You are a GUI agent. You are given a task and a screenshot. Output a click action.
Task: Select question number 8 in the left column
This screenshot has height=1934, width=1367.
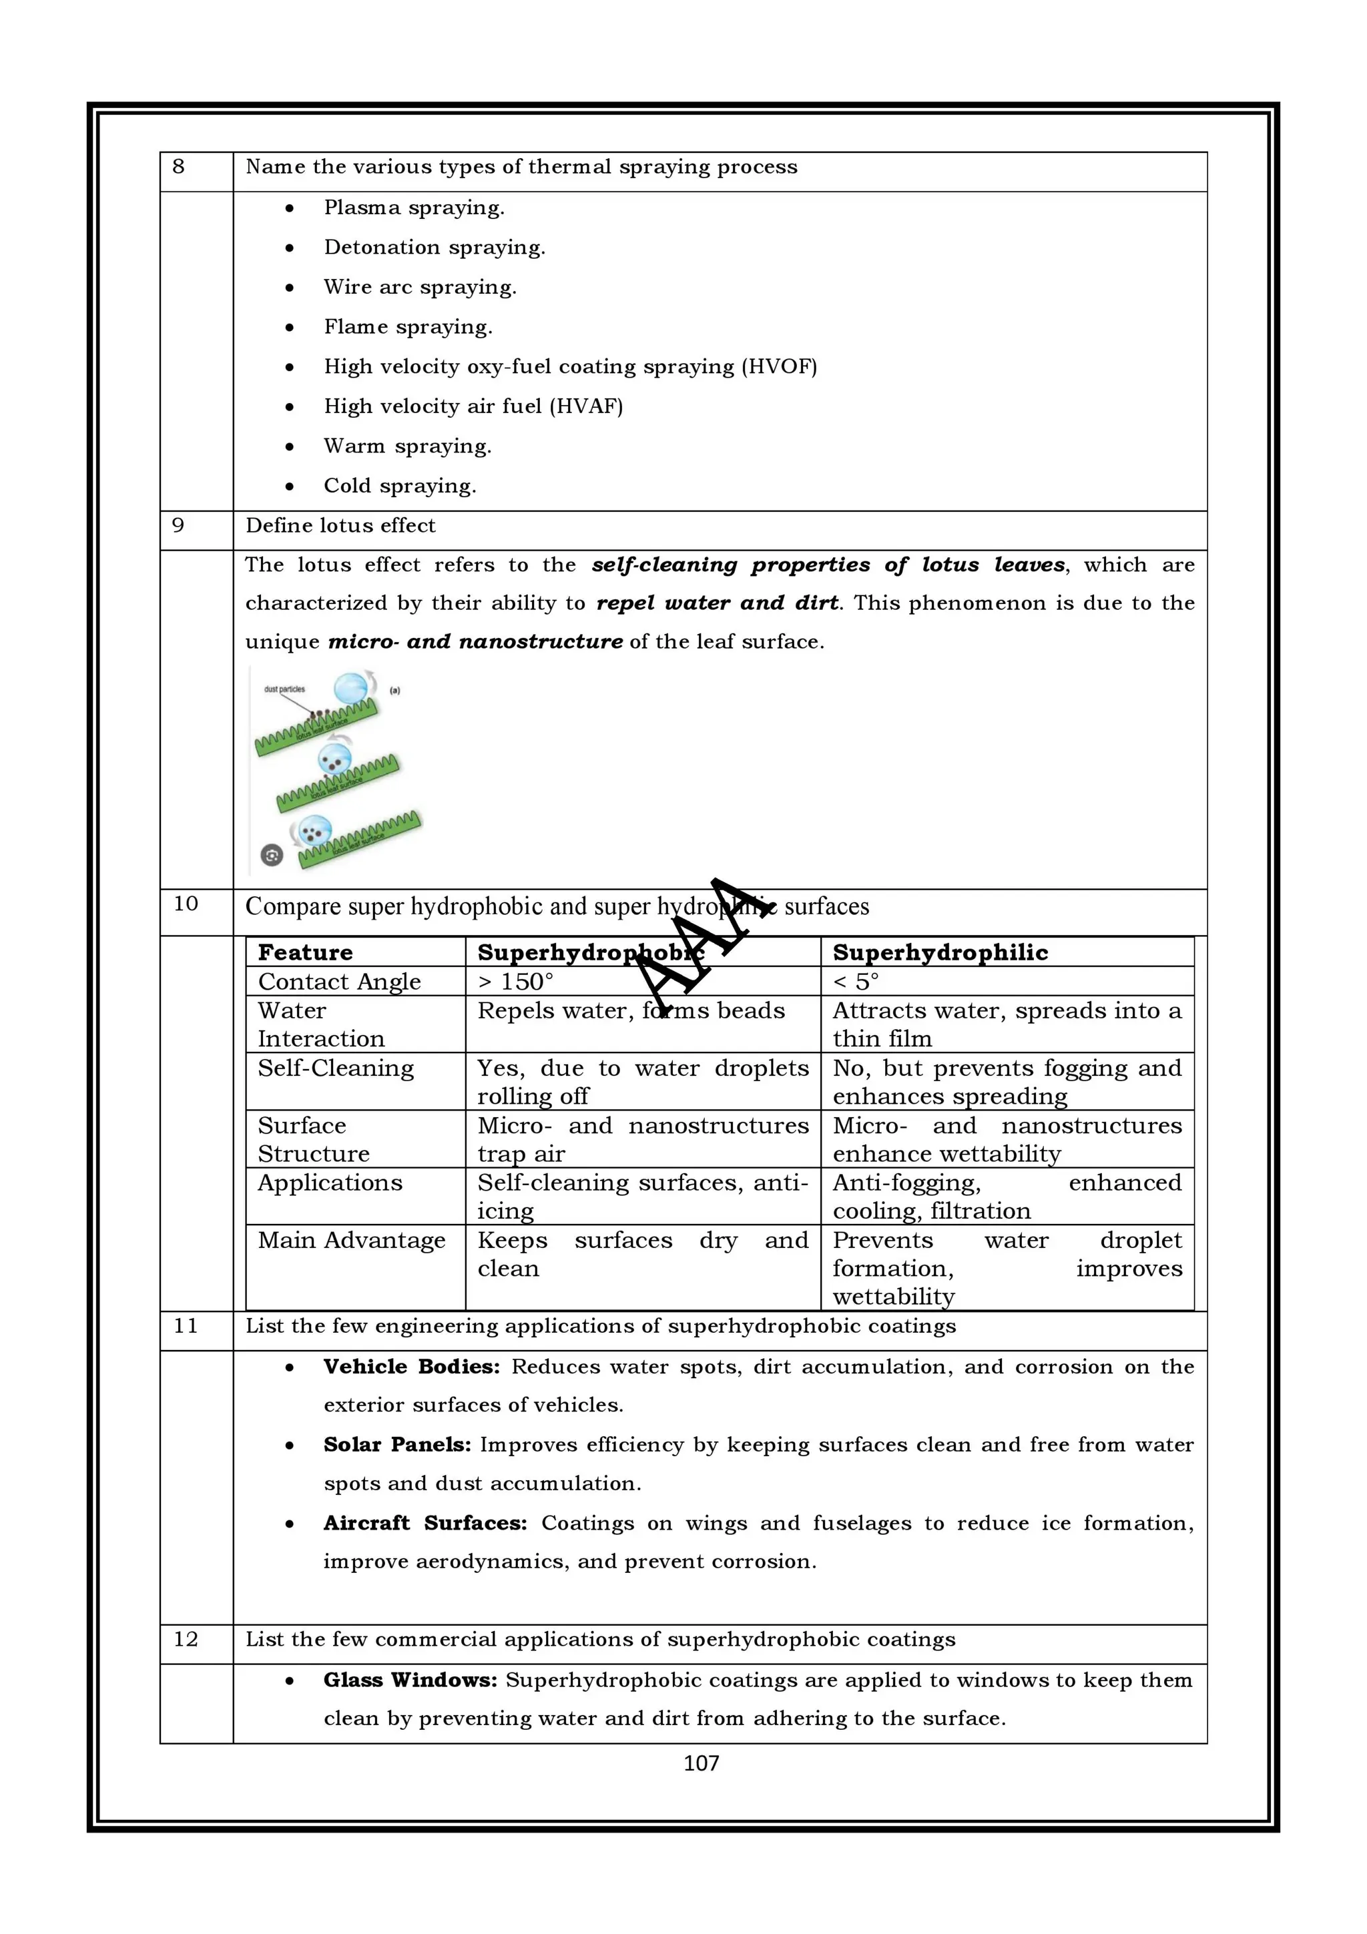coord(179,167)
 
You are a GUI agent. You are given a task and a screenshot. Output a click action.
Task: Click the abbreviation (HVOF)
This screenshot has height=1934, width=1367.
coord(779,366)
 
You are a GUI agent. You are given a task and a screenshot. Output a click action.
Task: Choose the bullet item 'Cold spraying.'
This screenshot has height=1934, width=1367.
coord(400,486)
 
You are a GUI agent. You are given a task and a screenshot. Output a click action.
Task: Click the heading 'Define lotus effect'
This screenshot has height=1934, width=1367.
coord(340,526)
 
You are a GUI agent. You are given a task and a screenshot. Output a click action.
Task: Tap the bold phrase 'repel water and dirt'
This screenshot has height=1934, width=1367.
coord(717,603)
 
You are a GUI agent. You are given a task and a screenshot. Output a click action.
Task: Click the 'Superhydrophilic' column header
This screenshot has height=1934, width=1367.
coord(940,953)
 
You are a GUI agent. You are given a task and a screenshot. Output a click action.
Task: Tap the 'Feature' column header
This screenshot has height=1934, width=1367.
coord(305,953)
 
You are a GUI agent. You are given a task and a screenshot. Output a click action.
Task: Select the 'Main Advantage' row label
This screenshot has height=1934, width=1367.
coord(351,1241)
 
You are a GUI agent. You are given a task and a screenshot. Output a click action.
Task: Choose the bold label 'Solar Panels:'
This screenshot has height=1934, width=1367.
coord(396,1445)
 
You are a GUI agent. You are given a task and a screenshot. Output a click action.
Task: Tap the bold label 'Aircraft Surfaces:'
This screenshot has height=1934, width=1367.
coord(425,1524)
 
